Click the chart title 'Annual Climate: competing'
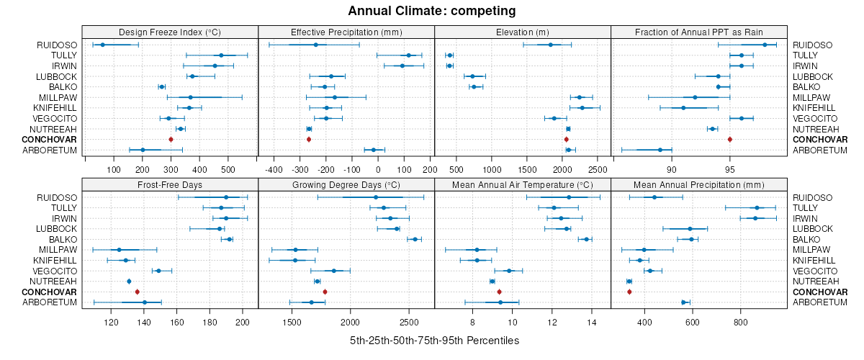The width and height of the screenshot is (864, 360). (x=431, y=11)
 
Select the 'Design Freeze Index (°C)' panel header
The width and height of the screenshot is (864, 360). (x=170, y=32)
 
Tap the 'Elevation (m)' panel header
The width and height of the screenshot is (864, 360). (x=523, y=32)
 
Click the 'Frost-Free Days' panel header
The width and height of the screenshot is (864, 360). (x=170, y=184)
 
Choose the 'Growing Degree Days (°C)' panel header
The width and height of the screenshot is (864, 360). (x=346, y=184)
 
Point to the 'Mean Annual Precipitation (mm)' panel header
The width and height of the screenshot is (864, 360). (x=699, y=184)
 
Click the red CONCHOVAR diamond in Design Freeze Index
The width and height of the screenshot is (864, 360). (x=171, y=139)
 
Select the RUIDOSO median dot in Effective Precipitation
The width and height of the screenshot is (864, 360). (x=315, y=45)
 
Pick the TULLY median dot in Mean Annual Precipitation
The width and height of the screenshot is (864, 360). (x=757, y=207)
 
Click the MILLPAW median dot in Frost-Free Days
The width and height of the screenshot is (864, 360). (x=119, y=250)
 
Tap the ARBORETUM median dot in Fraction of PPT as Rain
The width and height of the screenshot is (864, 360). (x=660, y=150)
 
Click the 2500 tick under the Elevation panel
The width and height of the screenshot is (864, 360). (x=597, y=170)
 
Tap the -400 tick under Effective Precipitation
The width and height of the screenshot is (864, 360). (x=274, y=170)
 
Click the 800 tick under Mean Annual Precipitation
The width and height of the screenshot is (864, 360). (x=741, y=323)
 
